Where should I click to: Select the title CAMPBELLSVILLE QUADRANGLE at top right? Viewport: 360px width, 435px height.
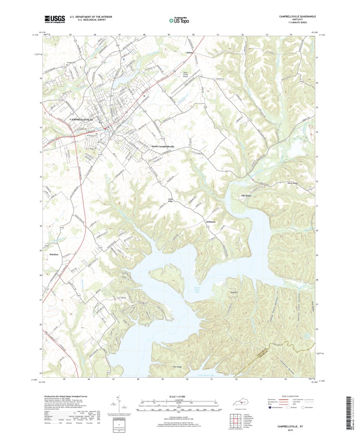(297, 16)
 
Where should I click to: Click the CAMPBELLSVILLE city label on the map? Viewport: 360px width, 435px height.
(82, 119)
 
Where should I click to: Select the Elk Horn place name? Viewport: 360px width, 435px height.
(247, 196)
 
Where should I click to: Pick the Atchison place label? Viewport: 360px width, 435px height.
(212, 222)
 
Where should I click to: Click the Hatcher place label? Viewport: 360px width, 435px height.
(54, 254)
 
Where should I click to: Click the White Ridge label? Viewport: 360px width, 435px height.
(293, 183)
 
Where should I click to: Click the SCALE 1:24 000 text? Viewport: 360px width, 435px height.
(179, 396)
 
